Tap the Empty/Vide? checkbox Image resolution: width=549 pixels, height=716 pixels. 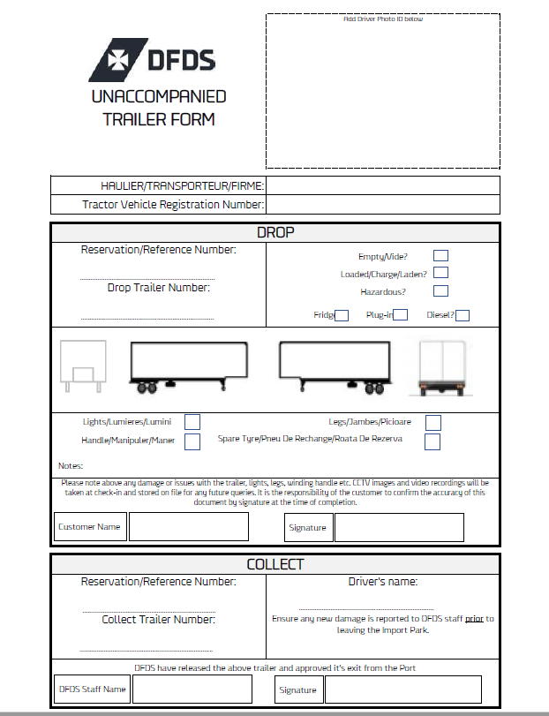(x=440, y=256)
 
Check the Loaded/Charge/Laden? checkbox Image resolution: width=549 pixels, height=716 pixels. (x=440, y=274)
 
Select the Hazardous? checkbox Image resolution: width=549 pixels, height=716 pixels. (x=440, y=291)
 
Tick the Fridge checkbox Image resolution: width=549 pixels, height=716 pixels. (x=342, y=315)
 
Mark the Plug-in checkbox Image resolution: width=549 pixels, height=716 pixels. (x=401, y=315)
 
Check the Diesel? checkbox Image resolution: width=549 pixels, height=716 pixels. (x=462, y=315)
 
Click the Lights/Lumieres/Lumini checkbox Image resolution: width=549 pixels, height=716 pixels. (x=192, y=422)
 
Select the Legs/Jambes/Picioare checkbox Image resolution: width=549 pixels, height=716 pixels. (x=432, y=422)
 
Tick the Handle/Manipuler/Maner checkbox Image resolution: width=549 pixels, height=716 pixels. (x=192, y=441)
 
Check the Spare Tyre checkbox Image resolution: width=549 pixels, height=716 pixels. (x=432, y=441)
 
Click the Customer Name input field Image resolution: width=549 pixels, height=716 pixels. (x=189, y=527)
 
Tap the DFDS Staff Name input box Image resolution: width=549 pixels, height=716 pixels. (x=191, y=690)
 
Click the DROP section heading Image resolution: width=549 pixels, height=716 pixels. (x=275, y=233)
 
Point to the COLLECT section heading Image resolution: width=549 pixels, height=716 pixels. (x=275, y=564)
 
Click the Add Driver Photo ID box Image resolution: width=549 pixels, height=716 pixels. (x=382, y=91)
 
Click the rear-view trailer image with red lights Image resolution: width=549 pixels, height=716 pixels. (x=442, y=366)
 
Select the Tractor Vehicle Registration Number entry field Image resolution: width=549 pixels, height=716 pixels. (x=382, y=205)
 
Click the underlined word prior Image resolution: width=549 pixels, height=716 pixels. (x=474, y=619)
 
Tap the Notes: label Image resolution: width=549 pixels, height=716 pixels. (x=71, y=465)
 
